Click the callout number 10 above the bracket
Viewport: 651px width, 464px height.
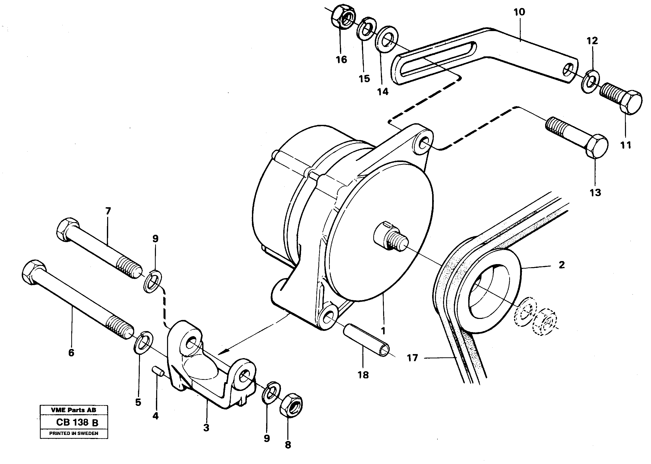coord(519,12)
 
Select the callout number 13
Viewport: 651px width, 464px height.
coord(595,193)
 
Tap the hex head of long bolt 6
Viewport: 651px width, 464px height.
coord(33,272)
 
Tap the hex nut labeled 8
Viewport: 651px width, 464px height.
coord(291,405)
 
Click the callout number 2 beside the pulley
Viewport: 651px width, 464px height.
coord(562,265)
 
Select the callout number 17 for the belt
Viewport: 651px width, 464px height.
coord(412,358)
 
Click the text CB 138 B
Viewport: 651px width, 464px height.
coord(77,422)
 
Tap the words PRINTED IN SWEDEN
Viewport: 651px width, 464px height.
coord(74,433)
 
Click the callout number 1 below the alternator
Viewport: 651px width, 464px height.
coord(383,331)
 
